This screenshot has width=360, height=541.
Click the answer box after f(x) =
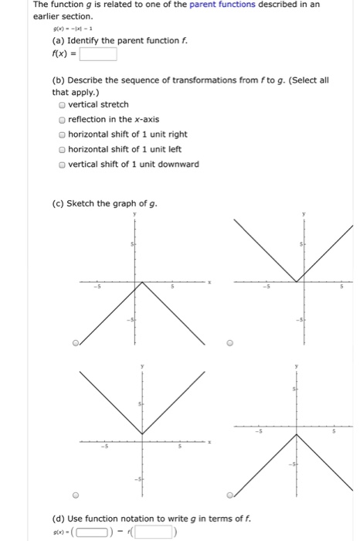(x=96, y=54)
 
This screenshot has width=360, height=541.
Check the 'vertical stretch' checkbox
(x=62, y=104)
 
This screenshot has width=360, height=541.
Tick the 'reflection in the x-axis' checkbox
(x=62, y=119)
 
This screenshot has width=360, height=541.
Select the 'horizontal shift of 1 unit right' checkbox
(x=62, y=134)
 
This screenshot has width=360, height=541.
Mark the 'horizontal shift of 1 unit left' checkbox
(x=62, y=149)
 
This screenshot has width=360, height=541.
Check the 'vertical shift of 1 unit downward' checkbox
(x=62, y=164)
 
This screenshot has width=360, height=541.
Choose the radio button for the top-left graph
(x=76, y=343)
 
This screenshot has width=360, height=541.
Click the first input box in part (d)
(x=97, y=531)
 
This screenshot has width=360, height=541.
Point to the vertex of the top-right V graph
(x=296, y=282)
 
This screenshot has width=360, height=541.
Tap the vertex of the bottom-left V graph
(x=140, y=434)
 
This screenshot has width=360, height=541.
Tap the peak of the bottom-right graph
(x=296, y=434)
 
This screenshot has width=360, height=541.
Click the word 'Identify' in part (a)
(x=86, y=40)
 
